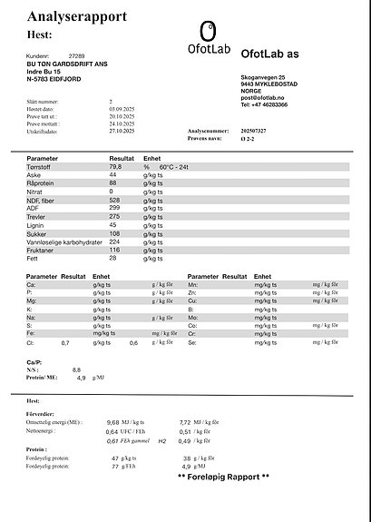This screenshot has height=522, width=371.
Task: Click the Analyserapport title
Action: [x=77, y=16]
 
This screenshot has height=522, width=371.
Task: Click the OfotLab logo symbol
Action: [x=208, y=31]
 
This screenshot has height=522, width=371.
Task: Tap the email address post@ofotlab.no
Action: [x=264, y=97]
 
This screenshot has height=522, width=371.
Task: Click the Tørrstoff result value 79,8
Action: [x=115, y=167]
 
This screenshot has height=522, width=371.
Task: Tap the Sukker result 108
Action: [x=115, y=233]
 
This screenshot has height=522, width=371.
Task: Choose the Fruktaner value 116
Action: [x=115, y=250]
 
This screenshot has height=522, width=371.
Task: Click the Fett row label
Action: [x=34, y=258]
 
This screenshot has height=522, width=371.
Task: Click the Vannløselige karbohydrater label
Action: [x=62, y=241]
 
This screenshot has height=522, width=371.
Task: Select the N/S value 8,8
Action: [x=76, y=369]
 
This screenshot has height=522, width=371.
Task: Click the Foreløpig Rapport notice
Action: [x=223, y=477]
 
